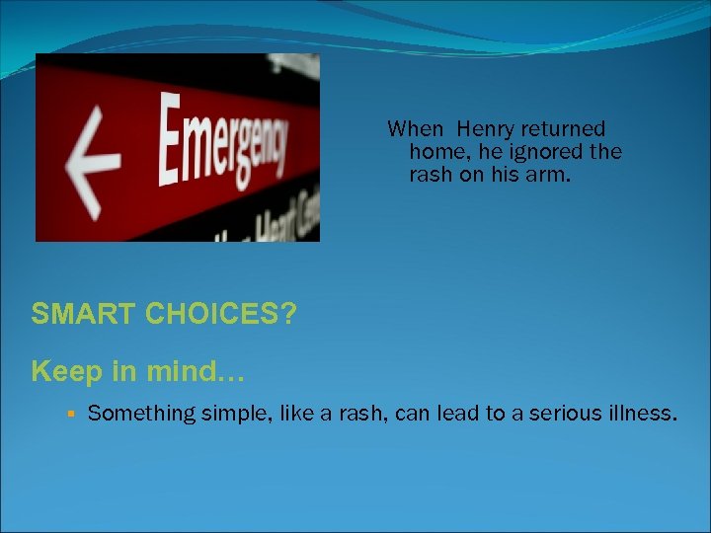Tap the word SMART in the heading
pyautogui.click(x=84, y=314)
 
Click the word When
pyautogui.click(x=415, y=129)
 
